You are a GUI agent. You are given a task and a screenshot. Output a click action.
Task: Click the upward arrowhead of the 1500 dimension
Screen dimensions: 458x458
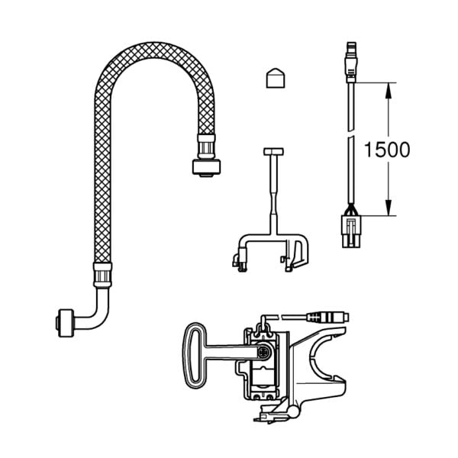coord(388,90)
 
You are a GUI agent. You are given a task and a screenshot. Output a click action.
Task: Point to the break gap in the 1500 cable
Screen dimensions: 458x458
coord(350,135)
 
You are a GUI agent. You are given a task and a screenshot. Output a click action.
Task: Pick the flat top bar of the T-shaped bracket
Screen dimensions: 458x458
coord(273,151)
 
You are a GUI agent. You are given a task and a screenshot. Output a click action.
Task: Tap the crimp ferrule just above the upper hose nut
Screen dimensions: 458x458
coord(205,144)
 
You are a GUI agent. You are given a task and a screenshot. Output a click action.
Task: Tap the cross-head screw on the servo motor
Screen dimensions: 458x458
coord(265,353)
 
